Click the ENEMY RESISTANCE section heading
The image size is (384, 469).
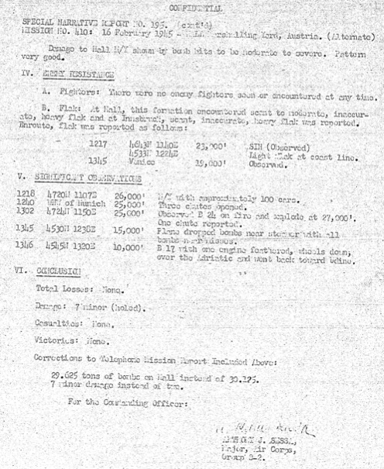(x=74, y=76)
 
